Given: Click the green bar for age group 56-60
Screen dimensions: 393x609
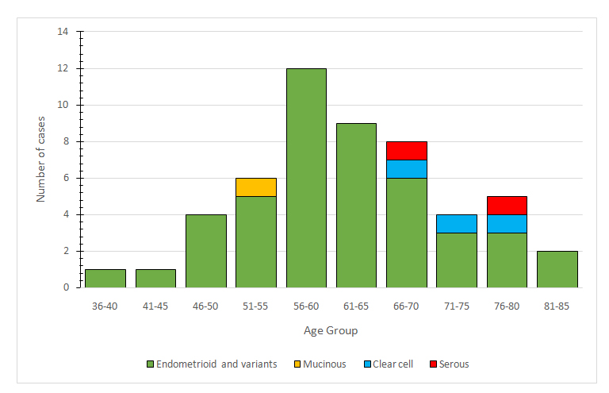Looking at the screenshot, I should point(306,178).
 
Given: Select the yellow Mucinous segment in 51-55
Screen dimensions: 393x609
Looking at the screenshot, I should point(256,187).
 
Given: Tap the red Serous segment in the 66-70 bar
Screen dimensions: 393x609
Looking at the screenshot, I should point(407,151).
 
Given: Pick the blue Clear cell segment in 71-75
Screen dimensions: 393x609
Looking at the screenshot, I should point(457,224).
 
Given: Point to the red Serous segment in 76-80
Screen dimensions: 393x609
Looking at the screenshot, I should point(507,206).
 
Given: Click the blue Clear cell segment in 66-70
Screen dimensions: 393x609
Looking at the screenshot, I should point(407,169).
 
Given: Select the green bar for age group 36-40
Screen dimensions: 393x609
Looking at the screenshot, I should point(105,278).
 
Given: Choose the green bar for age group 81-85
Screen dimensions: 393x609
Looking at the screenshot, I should point(557,269).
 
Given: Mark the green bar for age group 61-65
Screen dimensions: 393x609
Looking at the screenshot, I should point(356,205).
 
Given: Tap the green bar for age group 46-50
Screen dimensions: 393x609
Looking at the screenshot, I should point(205,251).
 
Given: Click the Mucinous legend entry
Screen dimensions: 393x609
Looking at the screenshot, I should point(320,364).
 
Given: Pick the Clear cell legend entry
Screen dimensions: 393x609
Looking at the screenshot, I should point(389,364).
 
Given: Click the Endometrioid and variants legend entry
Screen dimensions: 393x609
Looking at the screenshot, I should point(210,364).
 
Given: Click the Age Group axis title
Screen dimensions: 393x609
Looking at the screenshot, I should point(331,330).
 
